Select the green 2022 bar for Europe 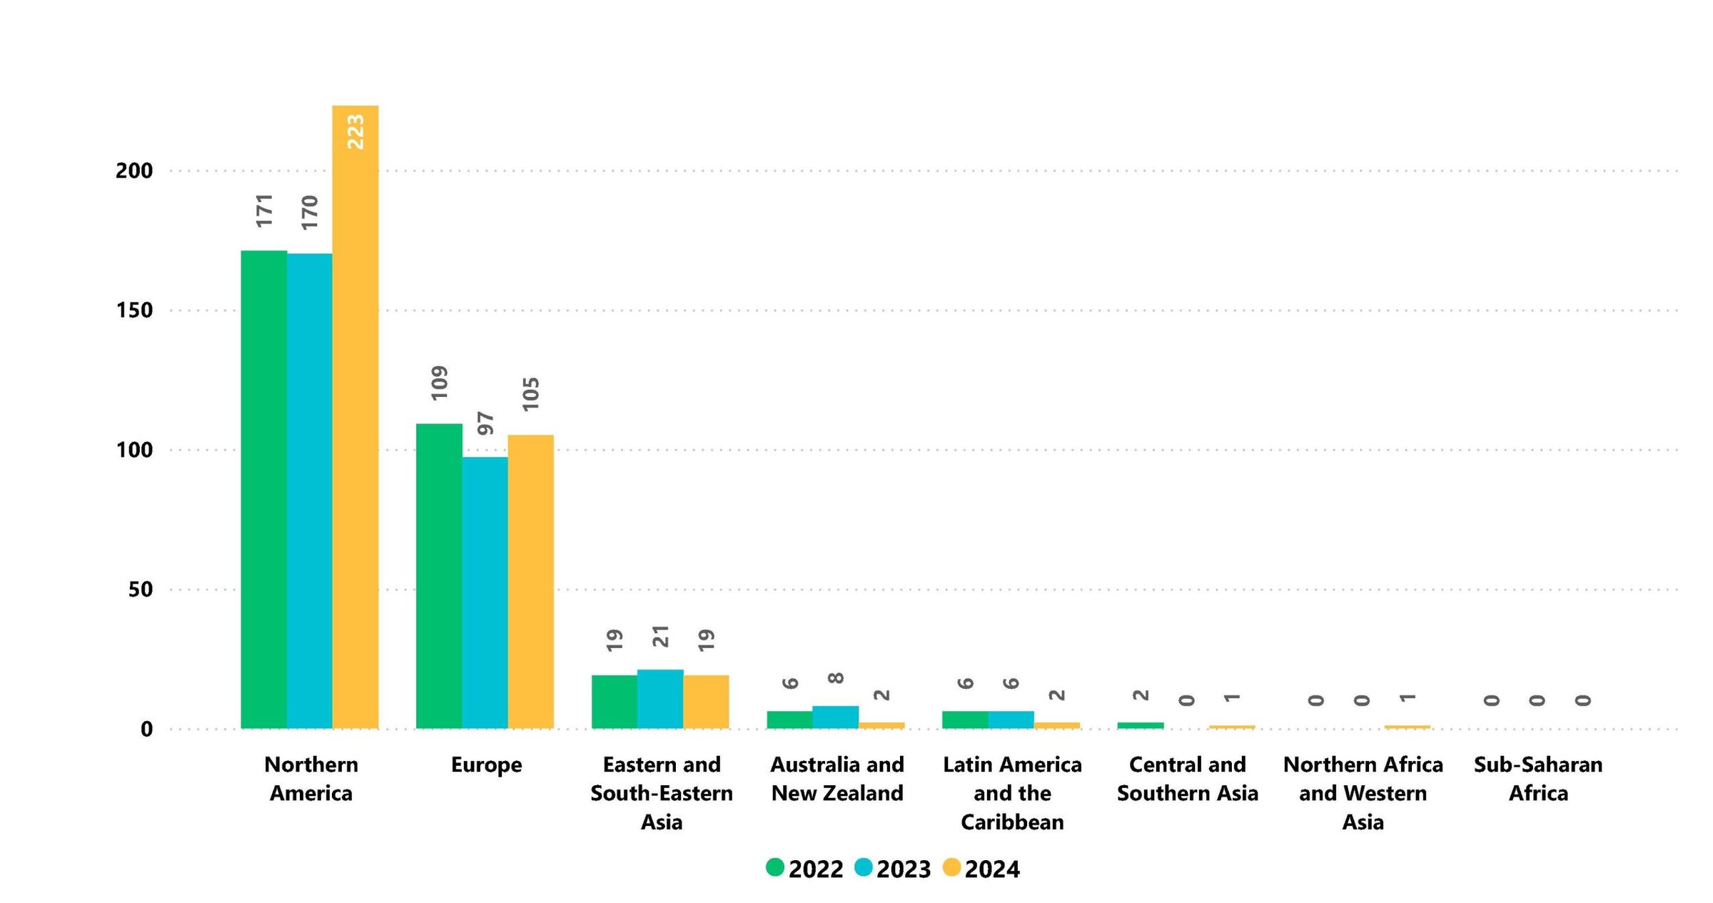[439, 575]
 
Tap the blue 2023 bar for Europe [485, 592]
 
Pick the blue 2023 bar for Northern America [309, 490]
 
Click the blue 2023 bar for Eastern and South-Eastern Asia [660, 699]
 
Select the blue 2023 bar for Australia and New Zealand [835, 717]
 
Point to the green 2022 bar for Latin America [965, 720]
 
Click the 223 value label [355, 132]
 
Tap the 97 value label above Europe [485, 423]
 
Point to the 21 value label [661, 636]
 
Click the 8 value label [836, 677]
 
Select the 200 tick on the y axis [134, 171]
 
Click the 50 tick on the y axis [141, 590]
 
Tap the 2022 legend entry [804, 869]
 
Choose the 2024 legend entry [981, 869]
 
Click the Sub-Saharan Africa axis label [1538, 779]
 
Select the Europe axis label [486, 765]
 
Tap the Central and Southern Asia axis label [1187, 779]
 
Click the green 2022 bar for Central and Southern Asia [1140, 725]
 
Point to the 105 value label [531, 394]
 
